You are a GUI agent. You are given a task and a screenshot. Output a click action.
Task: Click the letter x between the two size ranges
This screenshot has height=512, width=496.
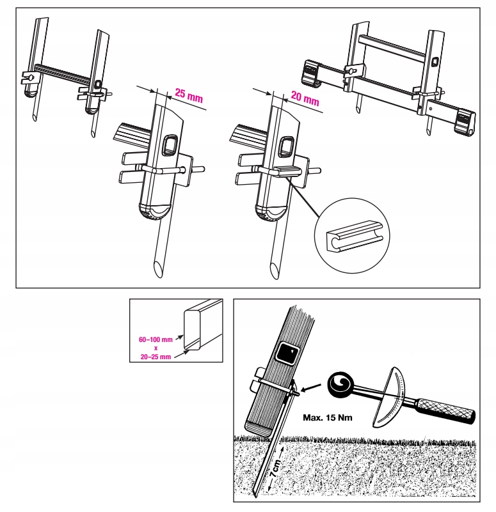coord(156,348)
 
